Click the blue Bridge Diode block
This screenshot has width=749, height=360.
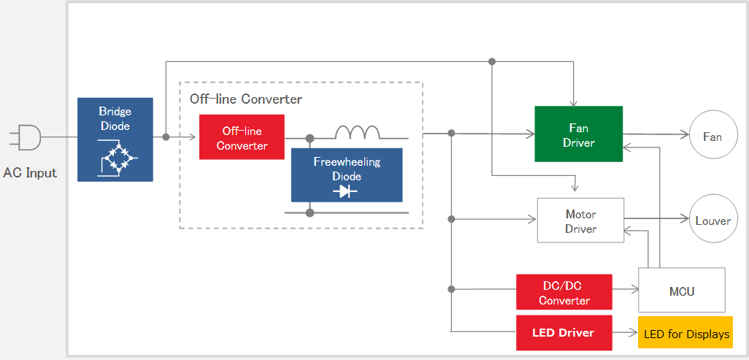coord(115,139)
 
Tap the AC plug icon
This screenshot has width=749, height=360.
coord(26,137)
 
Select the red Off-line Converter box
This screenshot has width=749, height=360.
coord(242,137)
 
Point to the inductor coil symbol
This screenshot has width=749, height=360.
coord(357,132)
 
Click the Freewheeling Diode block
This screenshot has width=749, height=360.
coord(347,175)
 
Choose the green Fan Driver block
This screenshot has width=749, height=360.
coord(578,134)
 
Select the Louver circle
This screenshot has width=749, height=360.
coord(712,220)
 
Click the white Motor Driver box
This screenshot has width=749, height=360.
coord(580,221)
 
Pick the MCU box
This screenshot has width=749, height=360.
coord(682,290)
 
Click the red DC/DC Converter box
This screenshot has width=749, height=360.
coord(564,291)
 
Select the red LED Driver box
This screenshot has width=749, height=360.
coord(564,333)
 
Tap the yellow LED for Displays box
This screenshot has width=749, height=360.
coord(685,333)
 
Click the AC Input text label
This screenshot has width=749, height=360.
coord(30,172)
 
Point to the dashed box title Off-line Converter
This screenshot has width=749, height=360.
coord(246,99)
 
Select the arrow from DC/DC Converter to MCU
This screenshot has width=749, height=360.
coord(626,288)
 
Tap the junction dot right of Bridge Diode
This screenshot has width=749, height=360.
coord(166,137)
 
